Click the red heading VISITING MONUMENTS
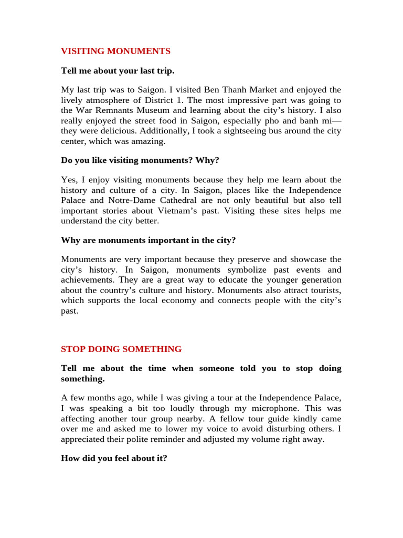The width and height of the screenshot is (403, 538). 115,51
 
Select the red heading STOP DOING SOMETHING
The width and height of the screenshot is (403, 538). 121,349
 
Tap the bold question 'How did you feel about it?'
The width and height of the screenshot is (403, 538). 114,458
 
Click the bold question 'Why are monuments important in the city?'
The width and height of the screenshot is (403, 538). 148,240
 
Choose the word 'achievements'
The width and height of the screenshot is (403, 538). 87,280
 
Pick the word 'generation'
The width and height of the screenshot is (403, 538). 319,280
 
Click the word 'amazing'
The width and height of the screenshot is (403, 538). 148,141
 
